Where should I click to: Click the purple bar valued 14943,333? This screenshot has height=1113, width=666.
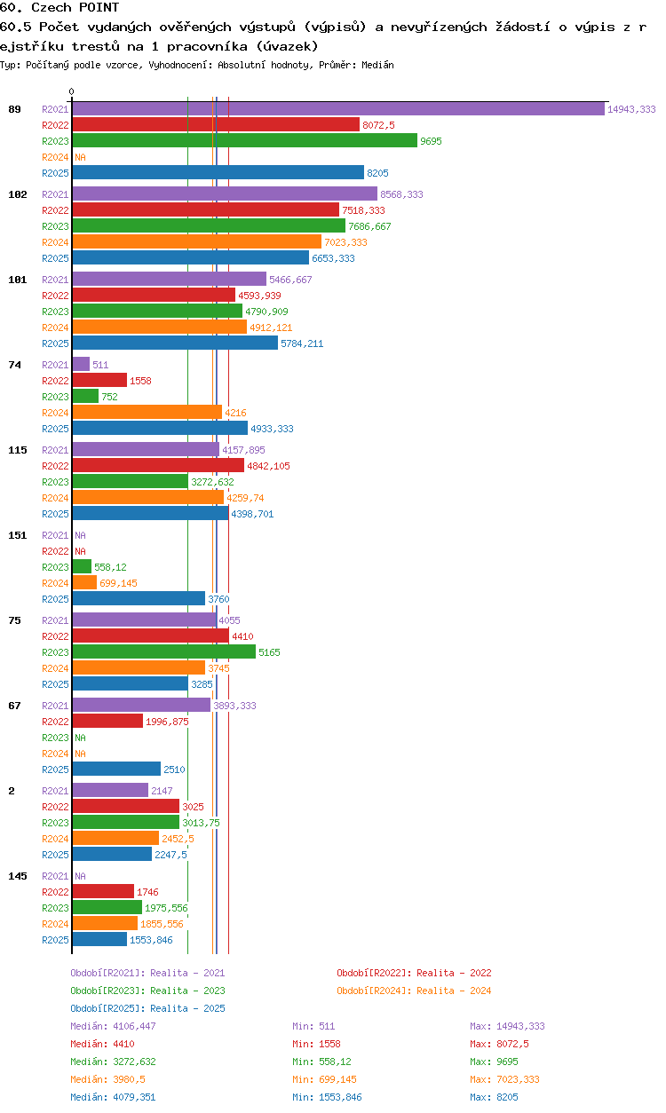click(x=338, y=109)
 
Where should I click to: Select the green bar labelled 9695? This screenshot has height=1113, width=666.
click(x=245, y=140)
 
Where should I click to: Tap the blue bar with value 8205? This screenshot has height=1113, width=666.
click(x=218, y=172)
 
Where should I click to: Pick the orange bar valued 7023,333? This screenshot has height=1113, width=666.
click(x=197, y=242)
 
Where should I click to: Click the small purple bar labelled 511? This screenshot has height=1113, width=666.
click(x=81, y=364)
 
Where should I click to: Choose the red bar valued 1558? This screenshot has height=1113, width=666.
click(x=99, y=380)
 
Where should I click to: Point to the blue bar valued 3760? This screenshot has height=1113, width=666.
click(x=139, y=598)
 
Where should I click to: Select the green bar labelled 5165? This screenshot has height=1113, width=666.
click(x=164, y=651)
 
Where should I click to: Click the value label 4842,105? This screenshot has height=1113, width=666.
click(x=268, y=466)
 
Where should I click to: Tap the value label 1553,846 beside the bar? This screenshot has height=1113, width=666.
click(x=151, y=940)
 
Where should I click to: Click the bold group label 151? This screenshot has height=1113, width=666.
click(x=18, y=535)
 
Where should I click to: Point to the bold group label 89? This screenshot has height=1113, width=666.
click(x=14, y=109)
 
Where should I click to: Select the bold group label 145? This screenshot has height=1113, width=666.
click(x=18, y=876)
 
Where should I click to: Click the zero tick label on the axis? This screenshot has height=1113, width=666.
click(x=72, y=91)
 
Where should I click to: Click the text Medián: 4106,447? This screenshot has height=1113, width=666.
click(x=113, y=1026)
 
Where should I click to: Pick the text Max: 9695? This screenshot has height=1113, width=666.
click(x=494, y=1062)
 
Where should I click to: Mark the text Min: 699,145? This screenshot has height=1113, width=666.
click(x=324, y=1079)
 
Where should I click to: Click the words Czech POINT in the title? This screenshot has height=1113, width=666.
click(x=75, y=7)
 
